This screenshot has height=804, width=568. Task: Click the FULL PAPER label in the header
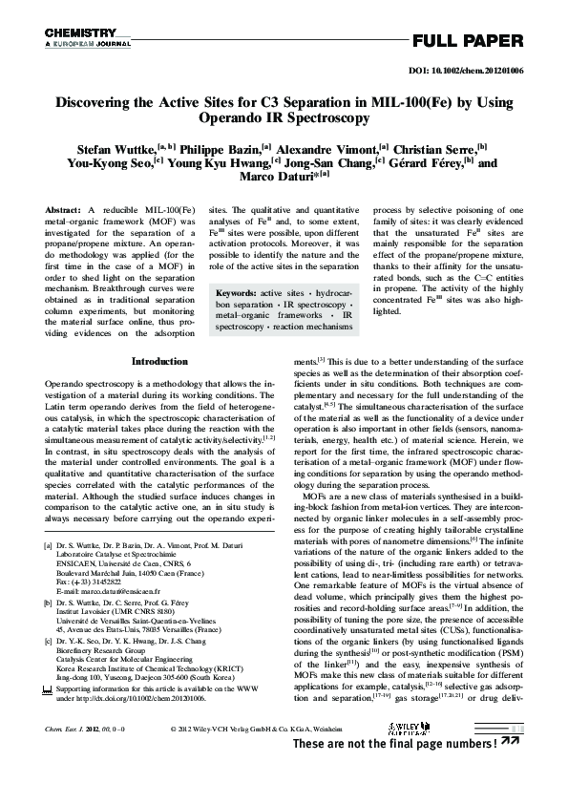pyautogui.click(x=468, y=41)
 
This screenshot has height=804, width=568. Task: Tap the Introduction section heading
pyautogui.click(x=159, y=363)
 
